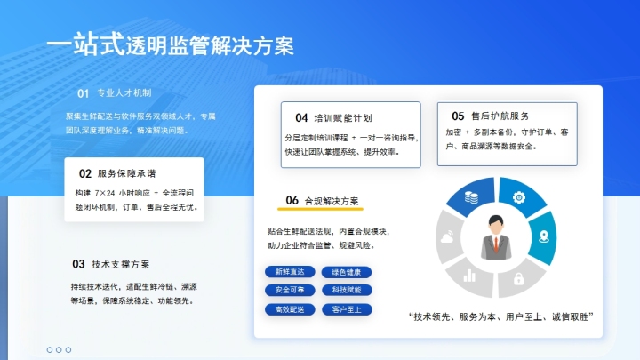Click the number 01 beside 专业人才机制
coord(83,92)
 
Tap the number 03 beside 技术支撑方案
coord(78,264)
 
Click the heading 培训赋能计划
coord(343,117)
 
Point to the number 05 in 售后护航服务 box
coord(458,116)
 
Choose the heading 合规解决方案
coord(331,200)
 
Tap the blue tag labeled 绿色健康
coord(347,271)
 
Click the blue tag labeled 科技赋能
coord(347,290)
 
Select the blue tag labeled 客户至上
coord(347,309)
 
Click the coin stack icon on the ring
coord(471,198)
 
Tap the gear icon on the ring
coord(517,197)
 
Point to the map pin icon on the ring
coord(542,236)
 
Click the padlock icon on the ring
coord(517,279)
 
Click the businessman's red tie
coord(494,244)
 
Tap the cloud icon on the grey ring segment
coord(447,238)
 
